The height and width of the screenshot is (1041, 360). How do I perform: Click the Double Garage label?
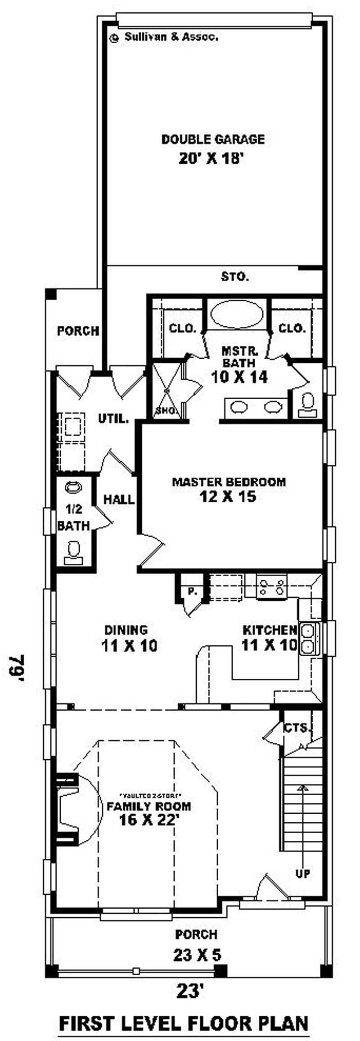pyautogui.click(x=213, y=140)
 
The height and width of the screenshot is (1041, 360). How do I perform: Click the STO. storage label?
pyautogui.click(x=235, y=276)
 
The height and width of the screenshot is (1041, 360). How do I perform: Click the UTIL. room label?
pyautogui.click(x=113, y=419)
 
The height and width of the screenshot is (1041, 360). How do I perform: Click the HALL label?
pyautogui.click(x=119, y=499)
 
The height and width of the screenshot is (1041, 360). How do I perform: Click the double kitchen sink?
pyautogui.click(x=309, y=638)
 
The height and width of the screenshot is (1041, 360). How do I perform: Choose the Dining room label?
pyautogui.click(x=126, y=630)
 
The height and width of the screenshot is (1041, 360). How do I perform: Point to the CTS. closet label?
pyautogui.click(x=297, y=728)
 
